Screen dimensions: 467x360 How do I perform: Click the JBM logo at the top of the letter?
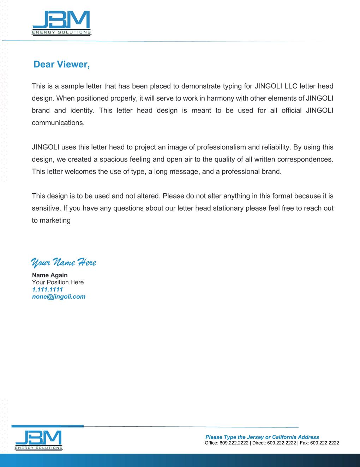[61, 23]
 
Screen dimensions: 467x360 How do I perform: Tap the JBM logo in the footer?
[39, 440]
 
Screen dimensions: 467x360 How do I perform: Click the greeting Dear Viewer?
[61, 65]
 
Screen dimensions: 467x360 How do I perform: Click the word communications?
[58, 123]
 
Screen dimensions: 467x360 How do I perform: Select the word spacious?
[114, 159]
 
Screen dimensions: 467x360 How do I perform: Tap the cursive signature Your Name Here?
[64, 262]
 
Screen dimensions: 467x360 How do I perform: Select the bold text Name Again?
[50, 275]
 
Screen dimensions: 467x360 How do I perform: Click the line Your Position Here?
[58, 282]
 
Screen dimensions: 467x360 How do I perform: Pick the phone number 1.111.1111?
[47, 289]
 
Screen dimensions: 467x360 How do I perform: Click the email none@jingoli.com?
[59, 297]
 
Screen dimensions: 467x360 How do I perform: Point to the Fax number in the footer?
[324, 443]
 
